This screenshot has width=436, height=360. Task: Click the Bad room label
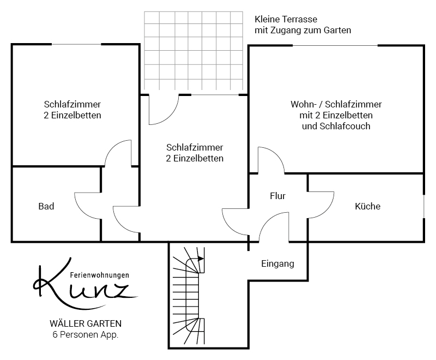pyautogui.click(x=46, y=206)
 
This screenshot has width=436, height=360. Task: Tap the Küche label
pyautogui.click(x=367, y=206)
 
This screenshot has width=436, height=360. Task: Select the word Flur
pyautogui.click(x=277, y=195)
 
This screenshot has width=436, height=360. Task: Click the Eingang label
pyautogui.click(x=277, y=263)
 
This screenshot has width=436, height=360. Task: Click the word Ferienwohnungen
pyautogui.click(x=100, y=275)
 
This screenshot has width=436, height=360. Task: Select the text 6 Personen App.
pyautogui.click(x=82, y=334)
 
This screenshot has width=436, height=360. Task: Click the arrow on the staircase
pyautogui.click(x=200, y=259)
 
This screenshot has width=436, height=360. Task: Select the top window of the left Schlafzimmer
pyautogui.click(x=76, y=44)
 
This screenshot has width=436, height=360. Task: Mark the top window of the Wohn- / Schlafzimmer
pyautogui.click(x=338, y=46)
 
